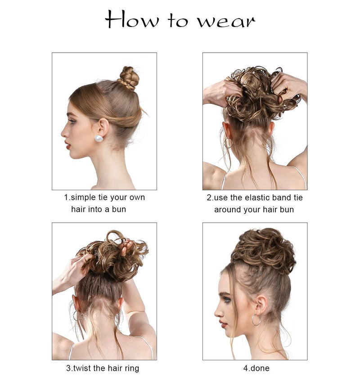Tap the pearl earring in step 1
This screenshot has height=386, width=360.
pyautogui.click(x=99, y=139)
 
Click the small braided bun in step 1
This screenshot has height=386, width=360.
pyautogui.click(x=129, y=78)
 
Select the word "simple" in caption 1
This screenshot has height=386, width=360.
pyautogui.click(x=85, y=197)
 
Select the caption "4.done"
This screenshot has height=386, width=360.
pyautogui.click(x=256, y=368)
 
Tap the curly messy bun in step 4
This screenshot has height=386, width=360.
pyautogui.click(x=263, y=250)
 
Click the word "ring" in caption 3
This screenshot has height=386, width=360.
pyautogui.click(x=130, y=368)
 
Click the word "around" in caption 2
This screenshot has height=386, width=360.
pyautogui.click(x=229, y=209)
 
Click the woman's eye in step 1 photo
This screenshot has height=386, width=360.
pyautogui.click(x=72, y=121)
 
